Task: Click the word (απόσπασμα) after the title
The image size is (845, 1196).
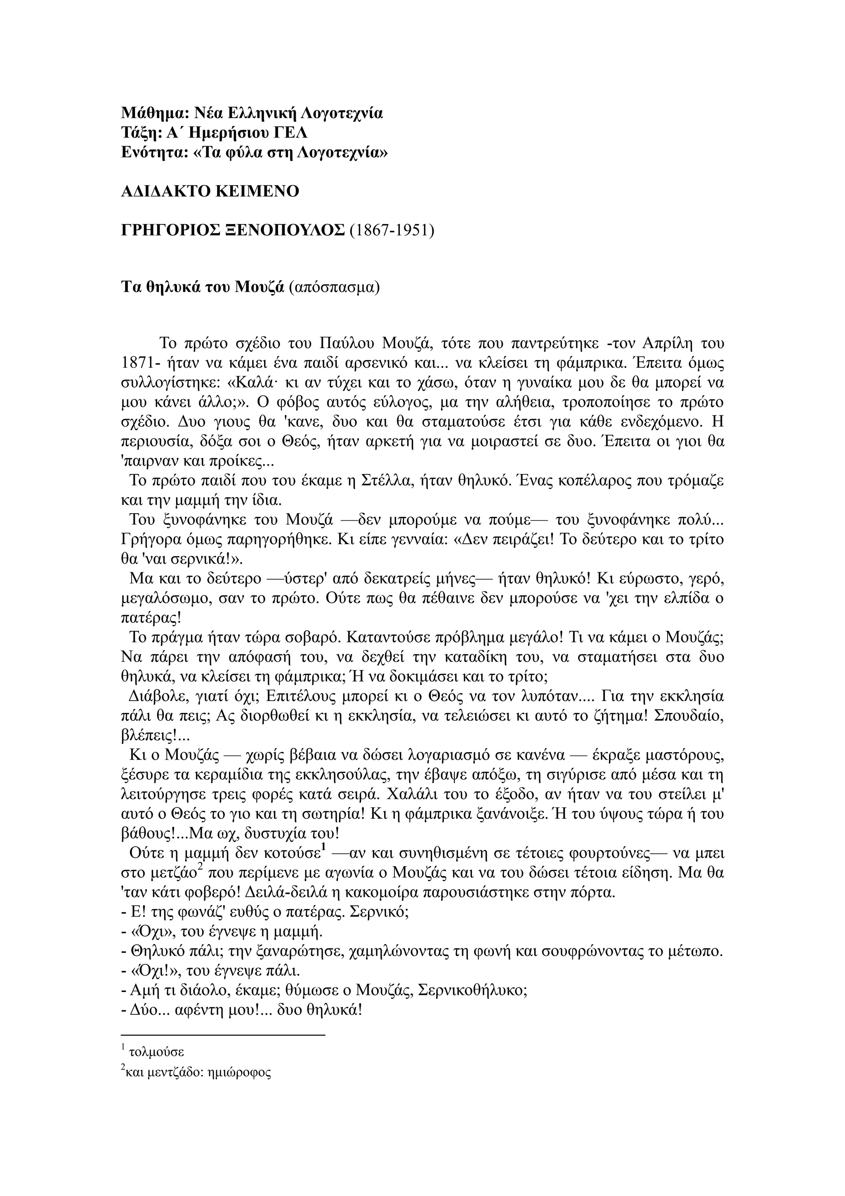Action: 334,287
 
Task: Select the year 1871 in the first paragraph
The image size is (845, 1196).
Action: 137,362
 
